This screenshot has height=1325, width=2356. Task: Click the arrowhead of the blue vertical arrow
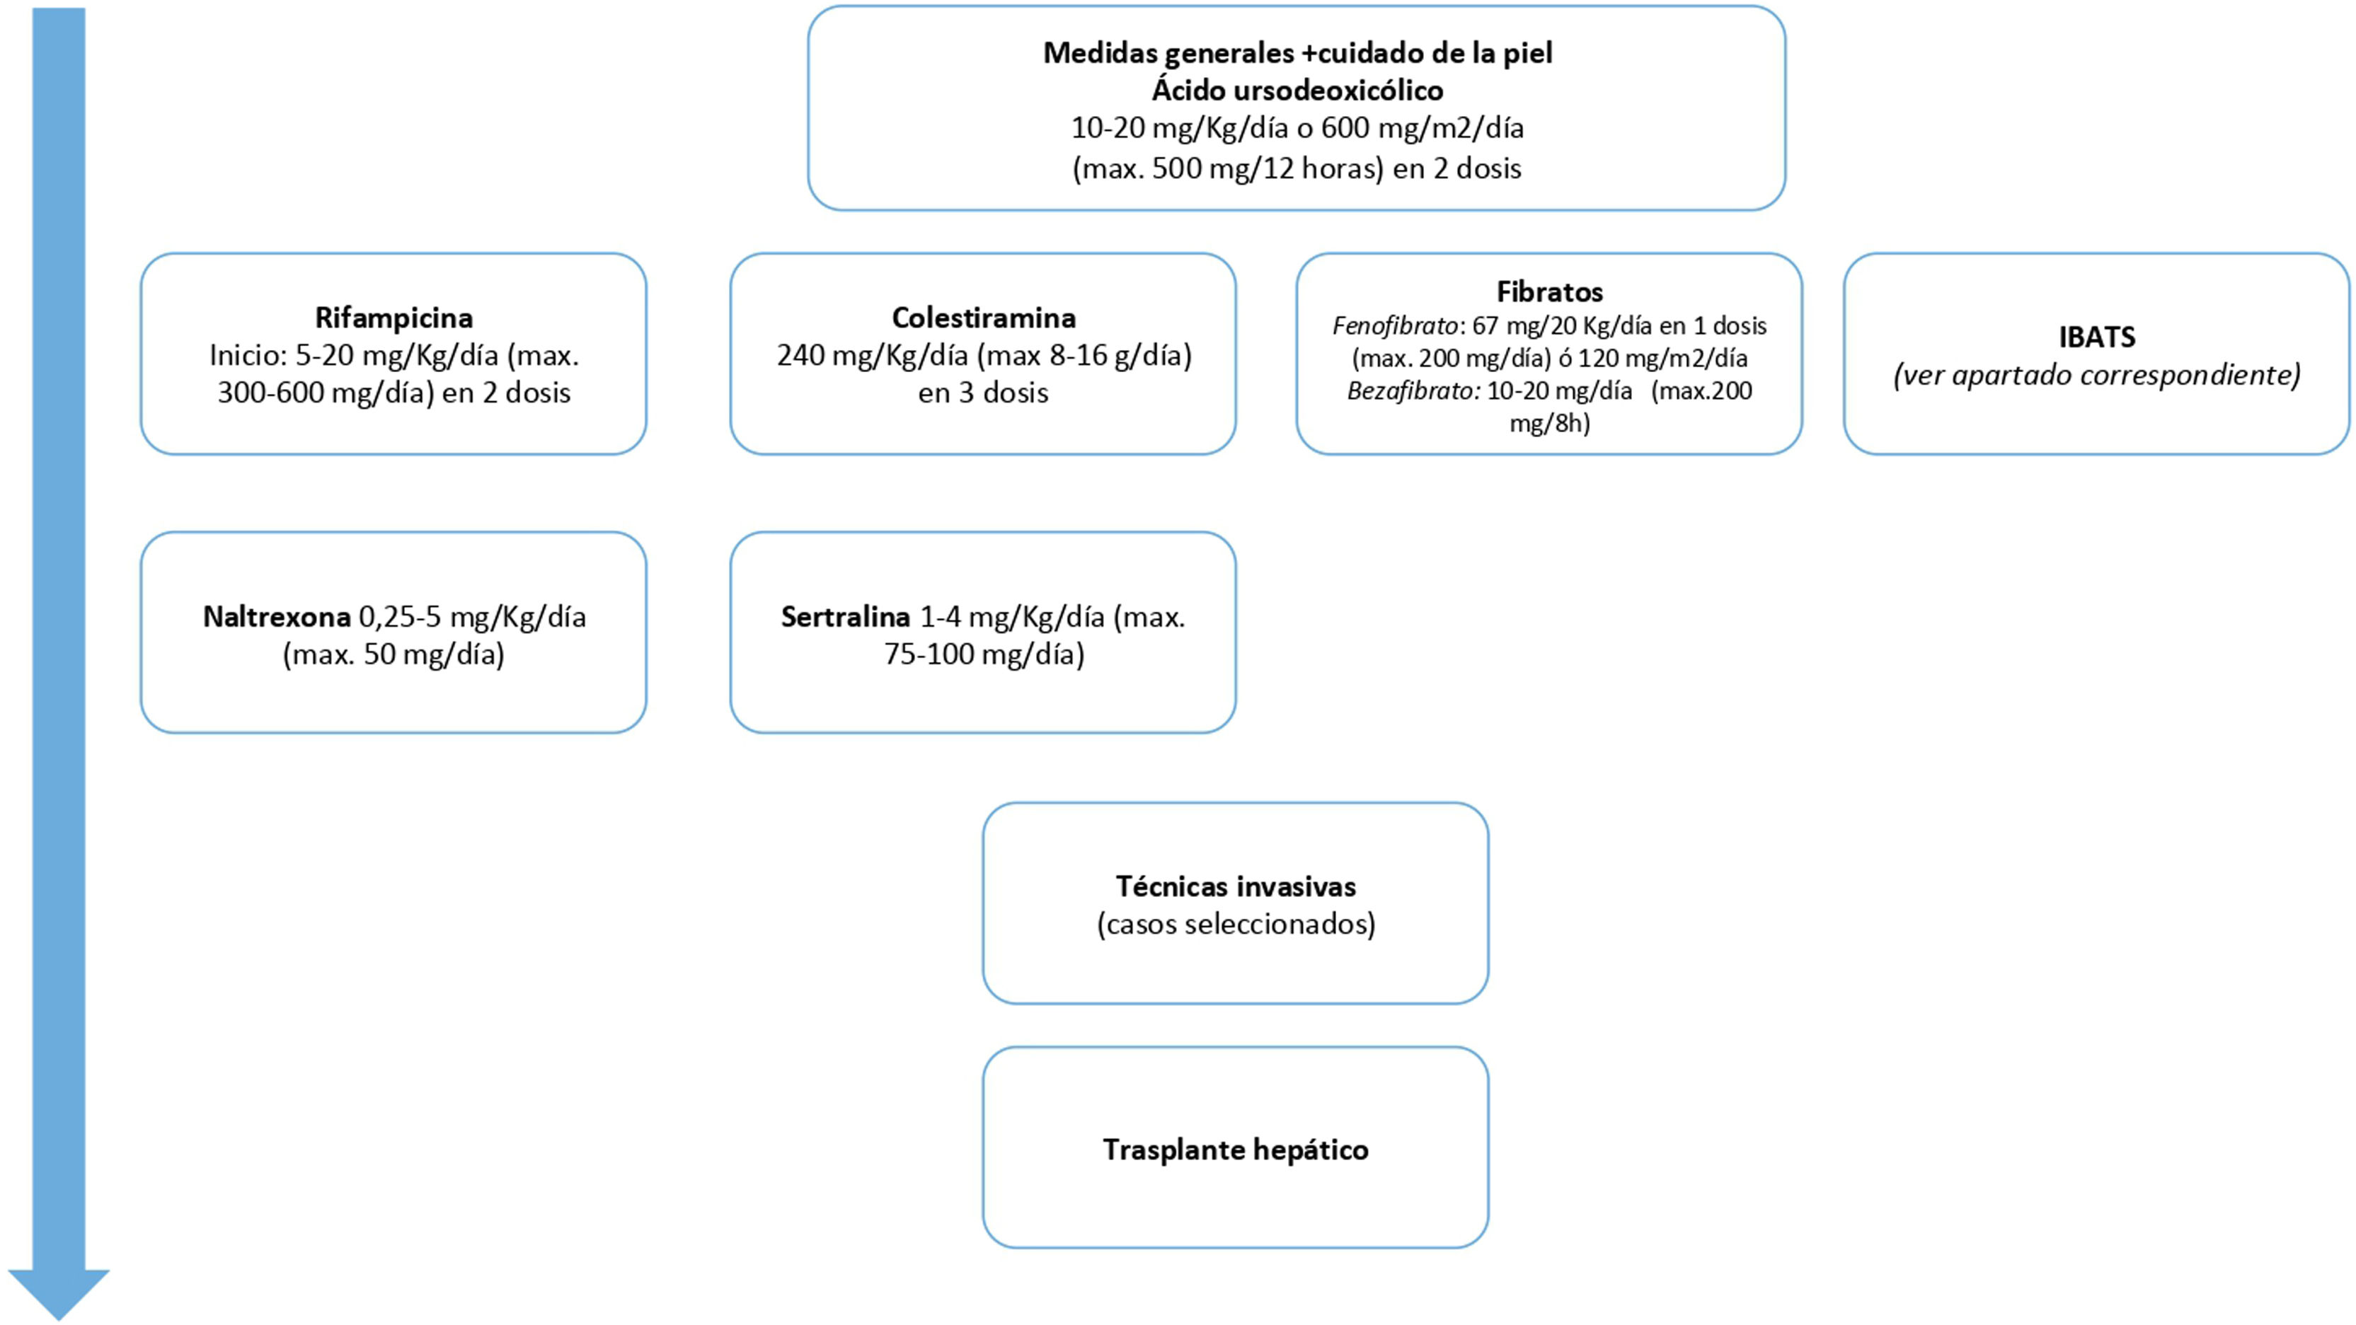pos(59,1291)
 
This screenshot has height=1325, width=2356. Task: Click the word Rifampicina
pos(393,318)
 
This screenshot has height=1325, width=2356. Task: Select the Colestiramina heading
pos(983,318)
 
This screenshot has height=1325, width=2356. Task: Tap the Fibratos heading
pos(1549,291)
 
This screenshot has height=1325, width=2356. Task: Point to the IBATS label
pos(2096,337)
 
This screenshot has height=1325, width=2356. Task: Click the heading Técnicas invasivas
pos(1236,886)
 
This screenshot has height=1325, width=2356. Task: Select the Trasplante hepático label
pos(1236,1150)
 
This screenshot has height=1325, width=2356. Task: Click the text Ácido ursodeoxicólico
pos(1297,91)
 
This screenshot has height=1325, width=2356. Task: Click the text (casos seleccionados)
pos(1236,925)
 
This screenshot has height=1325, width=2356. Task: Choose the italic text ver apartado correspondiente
pos(2096,375)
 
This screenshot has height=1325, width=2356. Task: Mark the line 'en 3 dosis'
pos(983,393)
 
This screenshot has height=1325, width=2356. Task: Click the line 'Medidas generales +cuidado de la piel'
pos(1297,53)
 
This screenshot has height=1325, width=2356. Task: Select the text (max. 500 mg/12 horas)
pos(1227,169)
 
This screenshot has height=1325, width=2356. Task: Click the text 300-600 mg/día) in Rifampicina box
pos(325,393)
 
